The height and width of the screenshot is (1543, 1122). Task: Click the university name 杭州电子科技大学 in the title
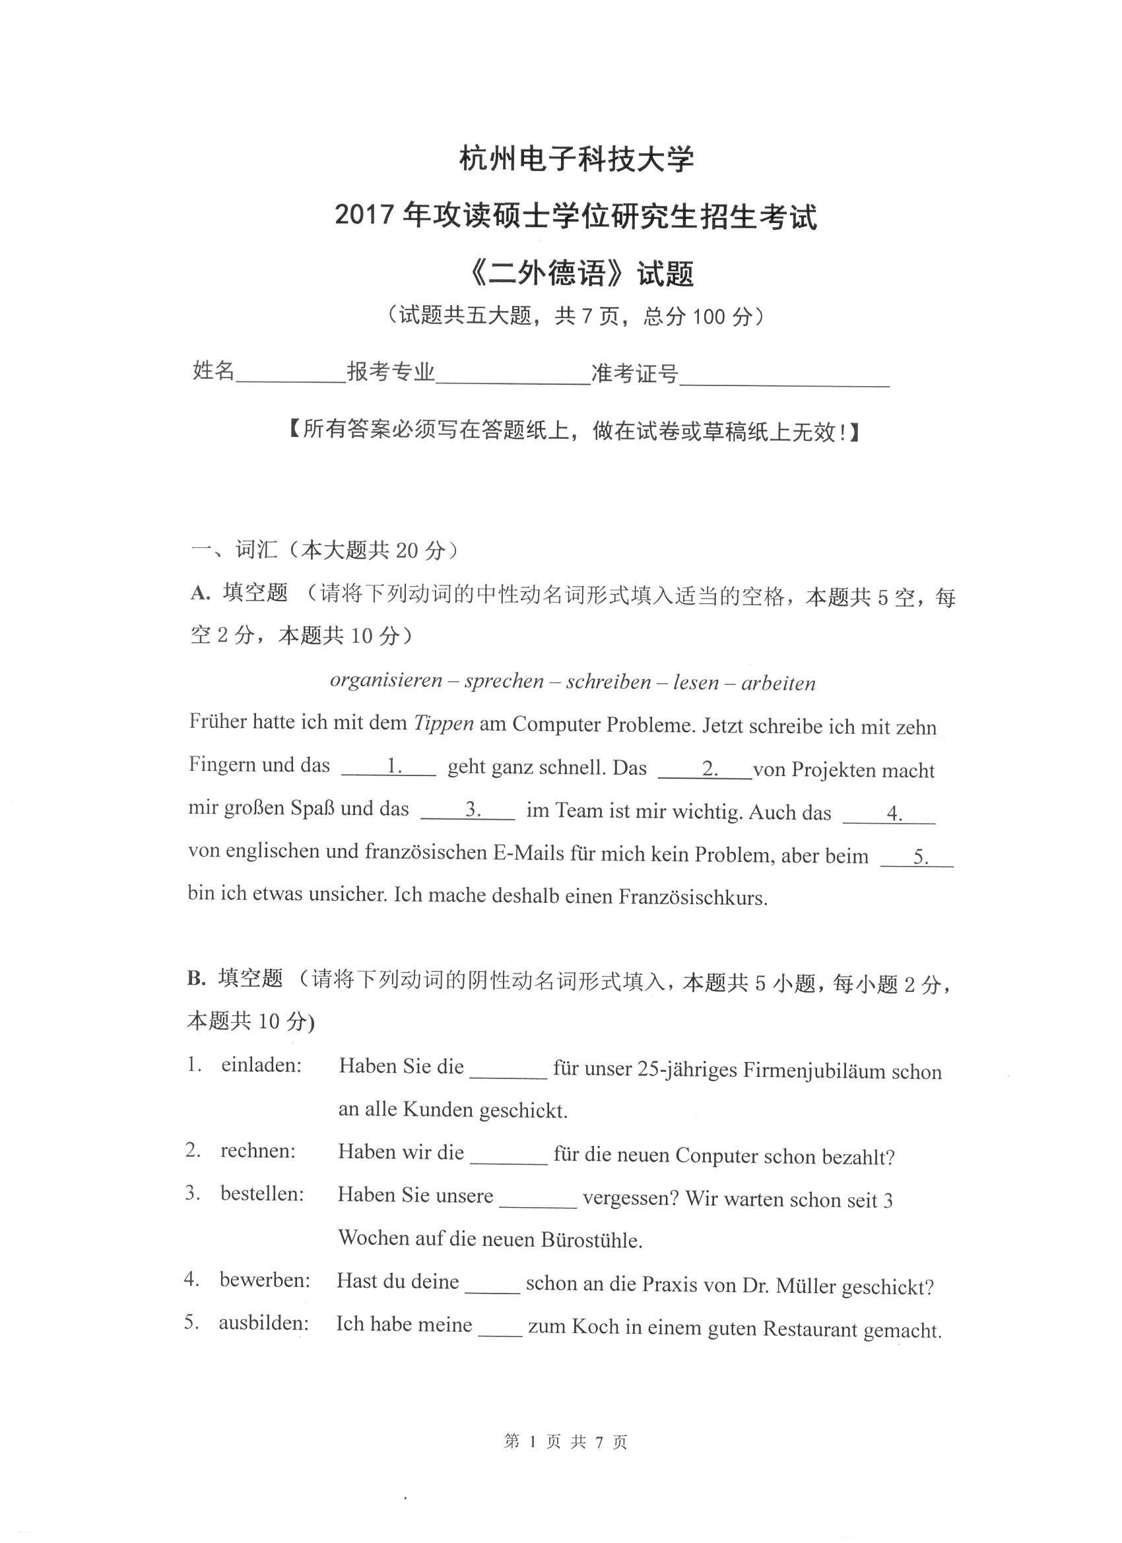(576, 160)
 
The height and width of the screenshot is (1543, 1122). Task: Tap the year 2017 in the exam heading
(365, 216)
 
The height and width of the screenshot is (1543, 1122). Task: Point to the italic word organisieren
(386, 680)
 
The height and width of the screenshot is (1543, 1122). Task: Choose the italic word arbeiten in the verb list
(777, 683)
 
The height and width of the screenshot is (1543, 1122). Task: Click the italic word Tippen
(444, 723)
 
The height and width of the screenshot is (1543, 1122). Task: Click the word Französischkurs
(692, 898)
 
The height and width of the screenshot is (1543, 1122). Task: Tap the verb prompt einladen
(261, 1065)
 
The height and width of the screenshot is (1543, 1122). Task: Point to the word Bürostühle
(591, 1239)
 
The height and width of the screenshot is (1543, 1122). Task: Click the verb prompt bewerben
(265, 1280)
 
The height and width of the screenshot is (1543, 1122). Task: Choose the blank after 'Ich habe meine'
(500, 1327)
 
